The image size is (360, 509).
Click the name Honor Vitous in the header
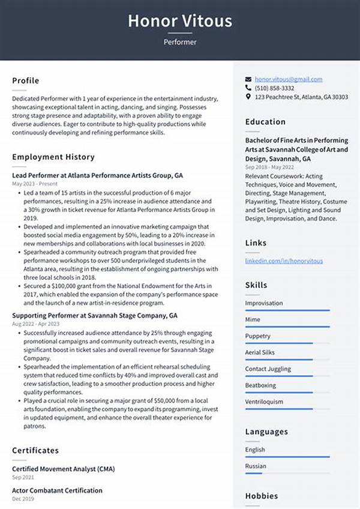click(x=179, y=21)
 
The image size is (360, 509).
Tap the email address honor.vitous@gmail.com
click(x=288, y=79)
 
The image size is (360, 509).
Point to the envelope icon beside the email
click(x=248, y=79)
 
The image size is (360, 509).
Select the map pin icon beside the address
click(x=248, y=97)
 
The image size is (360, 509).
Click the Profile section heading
click(x=25, y=80)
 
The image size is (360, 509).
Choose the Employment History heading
click(x=53, y=157)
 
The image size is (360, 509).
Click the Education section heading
click(x=265, y=122)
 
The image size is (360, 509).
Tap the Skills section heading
click(x=257, y=285)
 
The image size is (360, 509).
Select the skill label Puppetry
click(x=258, y=336)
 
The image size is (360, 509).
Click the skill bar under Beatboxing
click(x=287, y=392)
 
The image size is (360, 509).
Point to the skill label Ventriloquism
click(x=264, y=402)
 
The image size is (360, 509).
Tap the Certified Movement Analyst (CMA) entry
click(x=63, y=469)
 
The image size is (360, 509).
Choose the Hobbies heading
click(x=261, y=496)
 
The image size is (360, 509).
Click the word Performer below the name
click(x=179, y=43)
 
